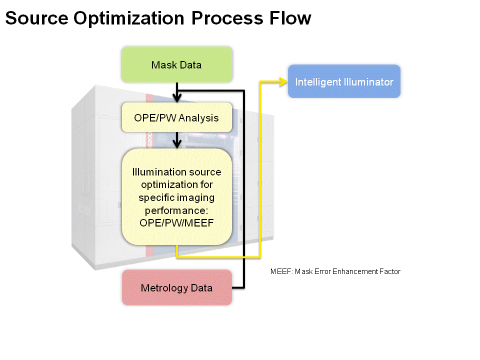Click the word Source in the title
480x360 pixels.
(36, 18)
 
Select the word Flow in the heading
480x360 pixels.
(290, 18)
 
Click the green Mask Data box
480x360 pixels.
(177, 64)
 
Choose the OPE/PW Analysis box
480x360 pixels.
(177, 117)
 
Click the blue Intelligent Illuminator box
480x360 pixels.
(344, 81)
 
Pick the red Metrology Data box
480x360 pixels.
(177, 287)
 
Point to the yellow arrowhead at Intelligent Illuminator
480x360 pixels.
(283, 81)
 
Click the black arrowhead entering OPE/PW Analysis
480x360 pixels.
(177, 98)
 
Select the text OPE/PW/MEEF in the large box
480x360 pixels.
(176, 223)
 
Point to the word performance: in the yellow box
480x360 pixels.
(176, 211)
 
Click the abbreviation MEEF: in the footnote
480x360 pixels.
(281, 271)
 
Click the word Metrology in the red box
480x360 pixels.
(164, 288)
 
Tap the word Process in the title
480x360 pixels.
(227, 18)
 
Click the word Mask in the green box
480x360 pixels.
(164, 65)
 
